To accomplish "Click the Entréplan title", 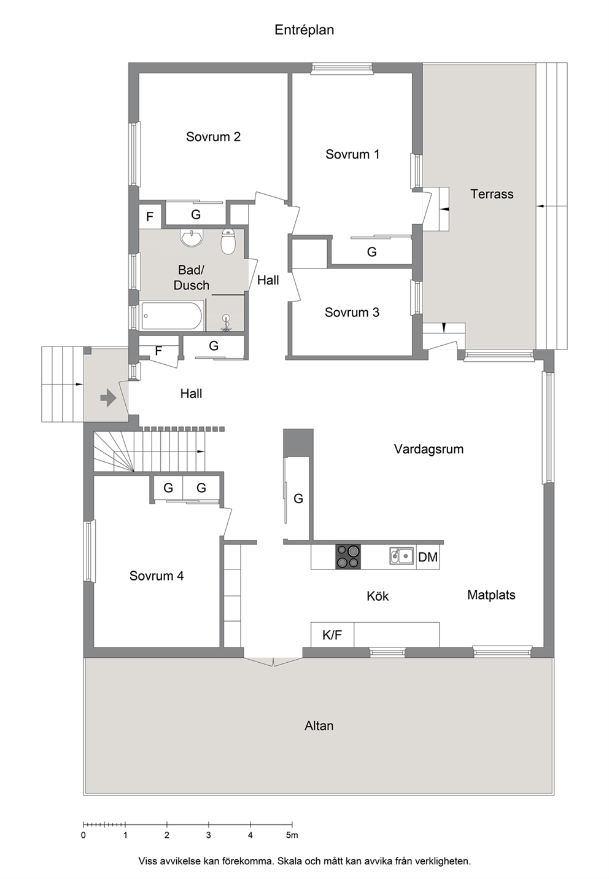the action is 304,30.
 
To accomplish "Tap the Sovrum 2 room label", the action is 213,136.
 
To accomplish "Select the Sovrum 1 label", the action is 352,154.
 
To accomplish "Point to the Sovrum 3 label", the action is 352,313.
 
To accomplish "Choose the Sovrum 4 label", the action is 157,576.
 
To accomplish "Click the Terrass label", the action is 492,194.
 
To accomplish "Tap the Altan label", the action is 319,725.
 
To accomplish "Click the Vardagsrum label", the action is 429,449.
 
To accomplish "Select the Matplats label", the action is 491,595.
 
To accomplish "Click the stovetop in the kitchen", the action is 348,557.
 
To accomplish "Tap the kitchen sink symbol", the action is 401,556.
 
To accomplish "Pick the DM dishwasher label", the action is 427,557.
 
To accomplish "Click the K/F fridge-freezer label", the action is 332,635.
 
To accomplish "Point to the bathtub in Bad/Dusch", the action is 172,316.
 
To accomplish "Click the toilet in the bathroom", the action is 228,241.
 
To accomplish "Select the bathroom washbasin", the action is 192,238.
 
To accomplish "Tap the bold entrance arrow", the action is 108,399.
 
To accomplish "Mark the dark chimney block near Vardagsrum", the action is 298,443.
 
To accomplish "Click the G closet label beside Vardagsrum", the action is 298,498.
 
